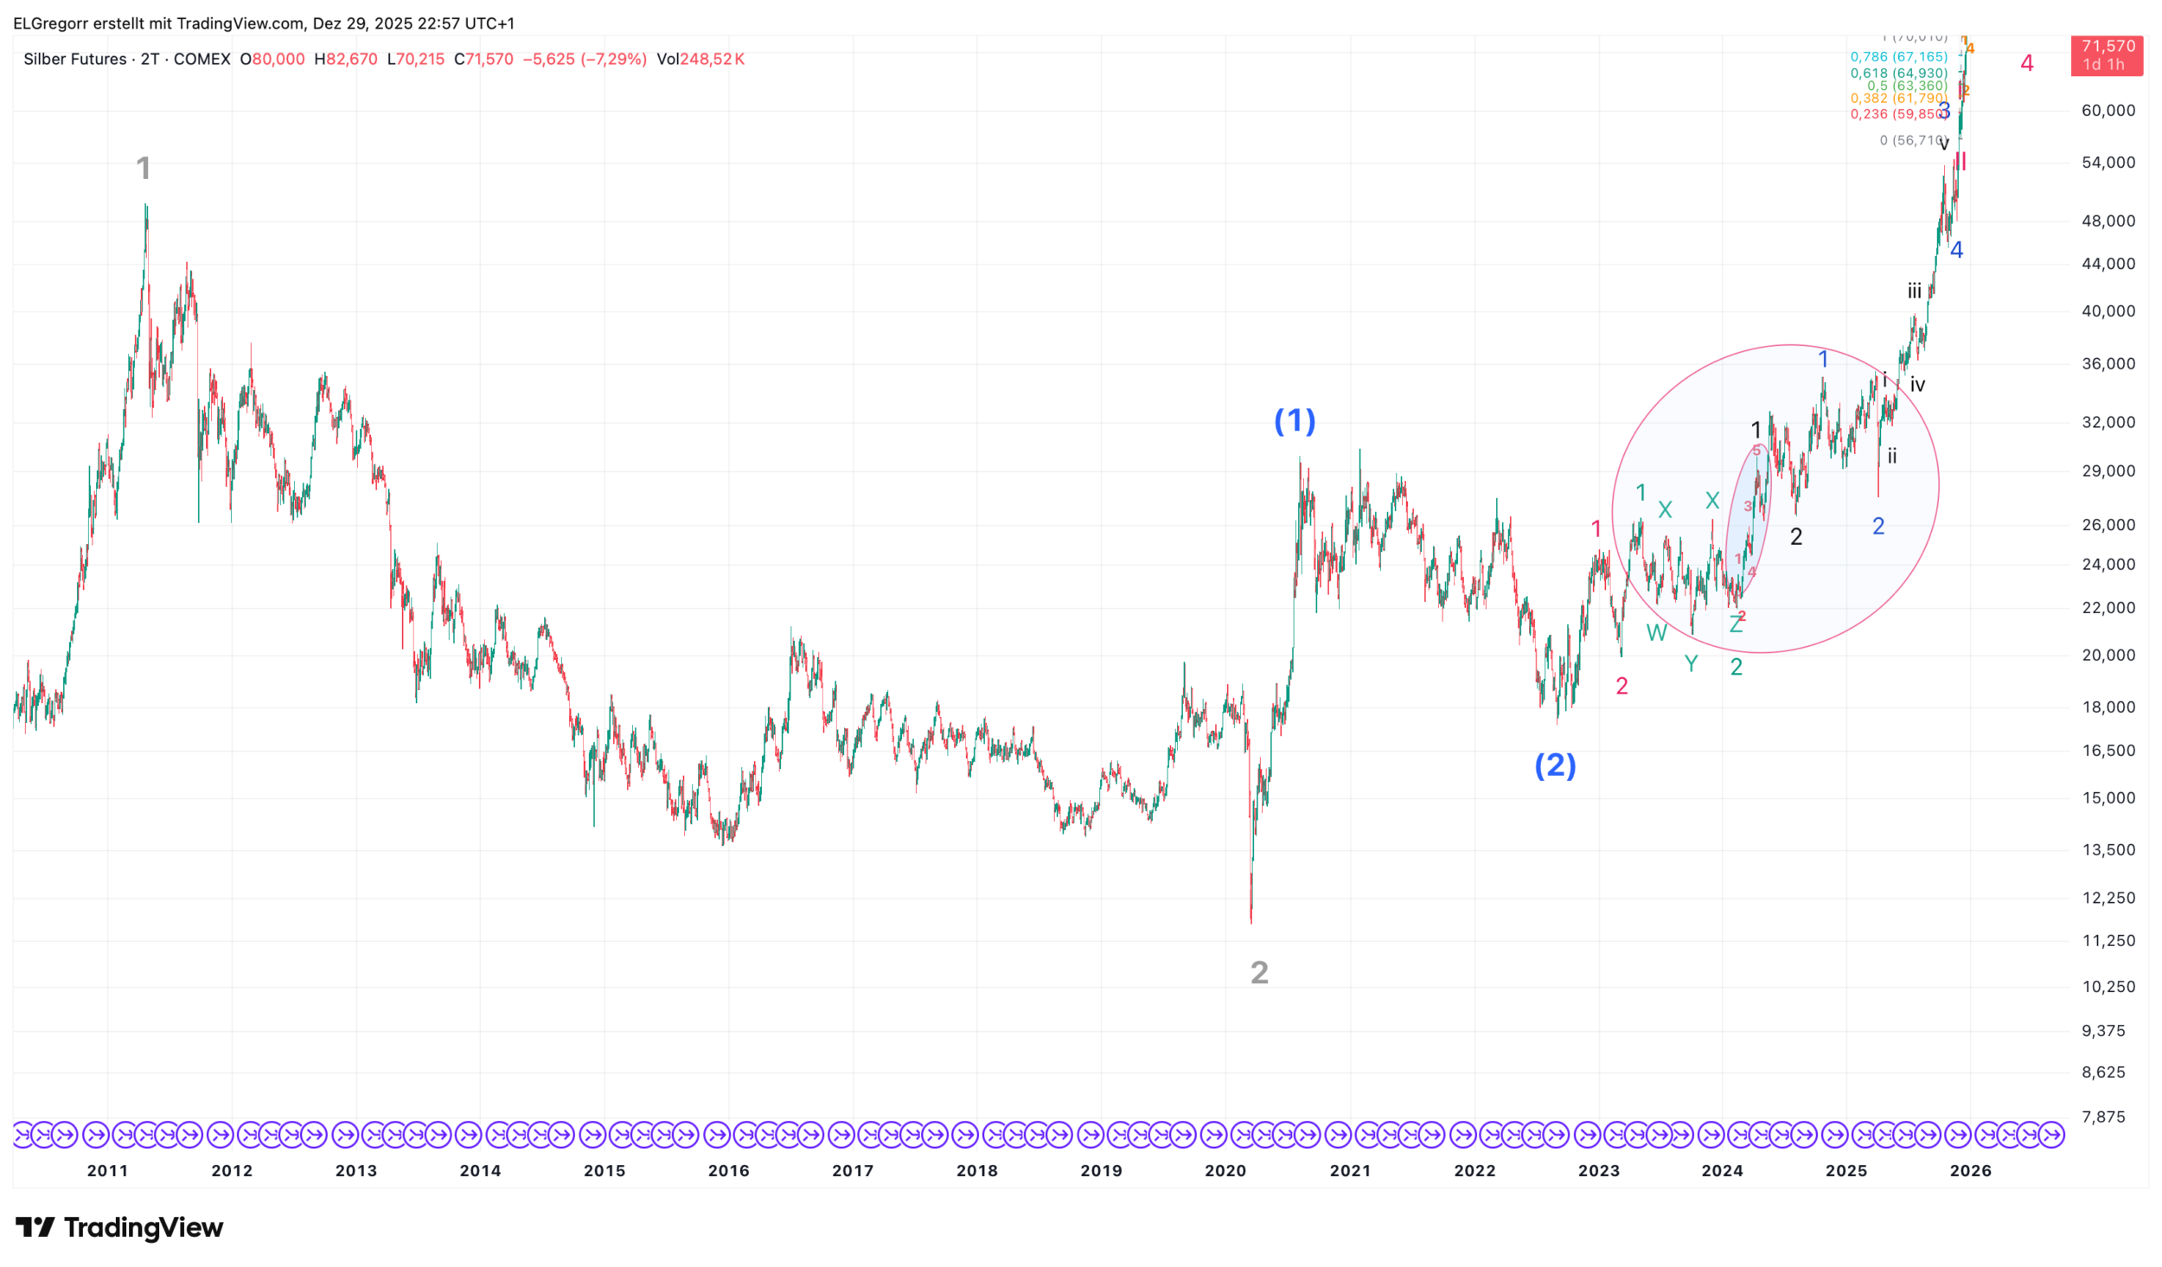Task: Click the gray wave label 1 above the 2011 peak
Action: click(144, 168)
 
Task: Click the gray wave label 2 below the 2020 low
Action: click(1259, 973)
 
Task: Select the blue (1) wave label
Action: click(1295, 421)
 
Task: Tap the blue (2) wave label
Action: click(1555, 765)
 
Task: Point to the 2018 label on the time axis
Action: click(976, 1171)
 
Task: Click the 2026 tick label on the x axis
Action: click(1970, 1171)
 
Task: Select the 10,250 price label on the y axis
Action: click(2108, 987)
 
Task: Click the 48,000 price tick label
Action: click(2108, 221)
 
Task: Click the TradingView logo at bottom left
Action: click(119, 1227)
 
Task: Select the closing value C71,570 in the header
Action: click(483, 60)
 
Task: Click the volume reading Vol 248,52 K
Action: click(700, 60)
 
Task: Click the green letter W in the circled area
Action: click(1656, 633)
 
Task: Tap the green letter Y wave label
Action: click(1691, 664)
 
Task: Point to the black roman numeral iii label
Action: click(1915, 291)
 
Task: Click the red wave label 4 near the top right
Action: click(2026, 63)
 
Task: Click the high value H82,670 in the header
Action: click(346, 60)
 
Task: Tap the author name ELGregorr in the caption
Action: click(49, 23)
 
